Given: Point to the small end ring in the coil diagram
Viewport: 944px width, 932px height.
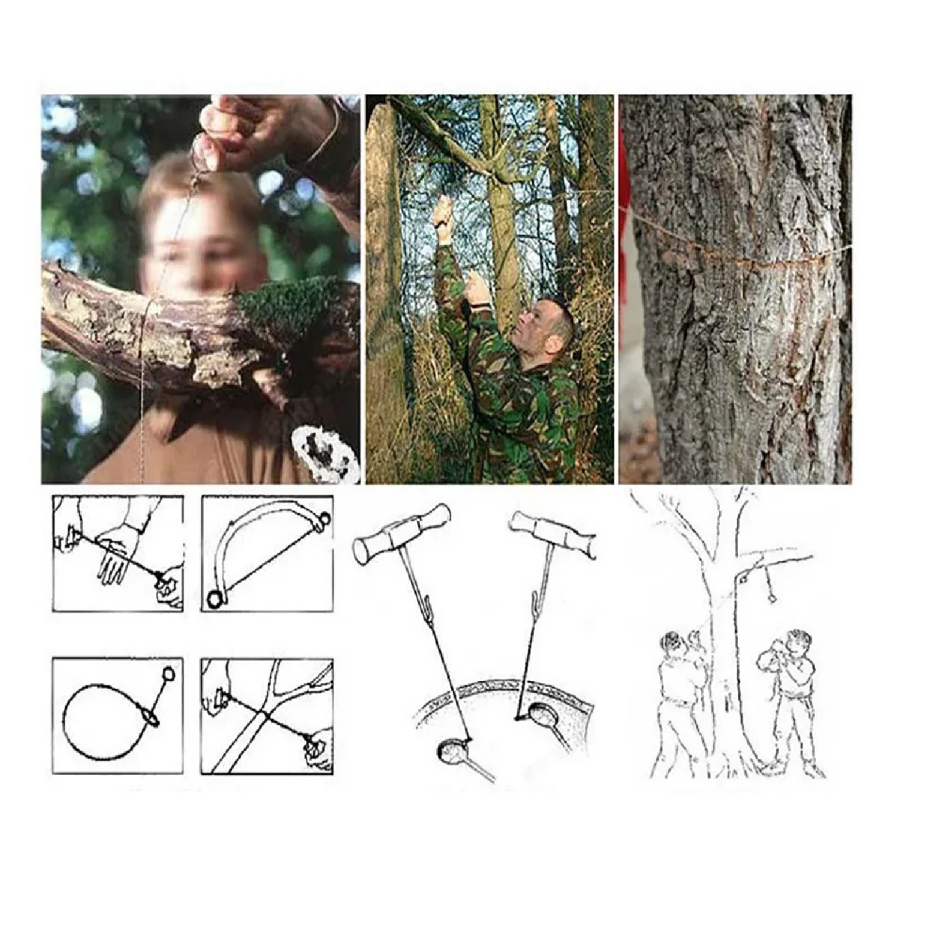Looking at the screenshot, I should [x=169, y=673].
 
